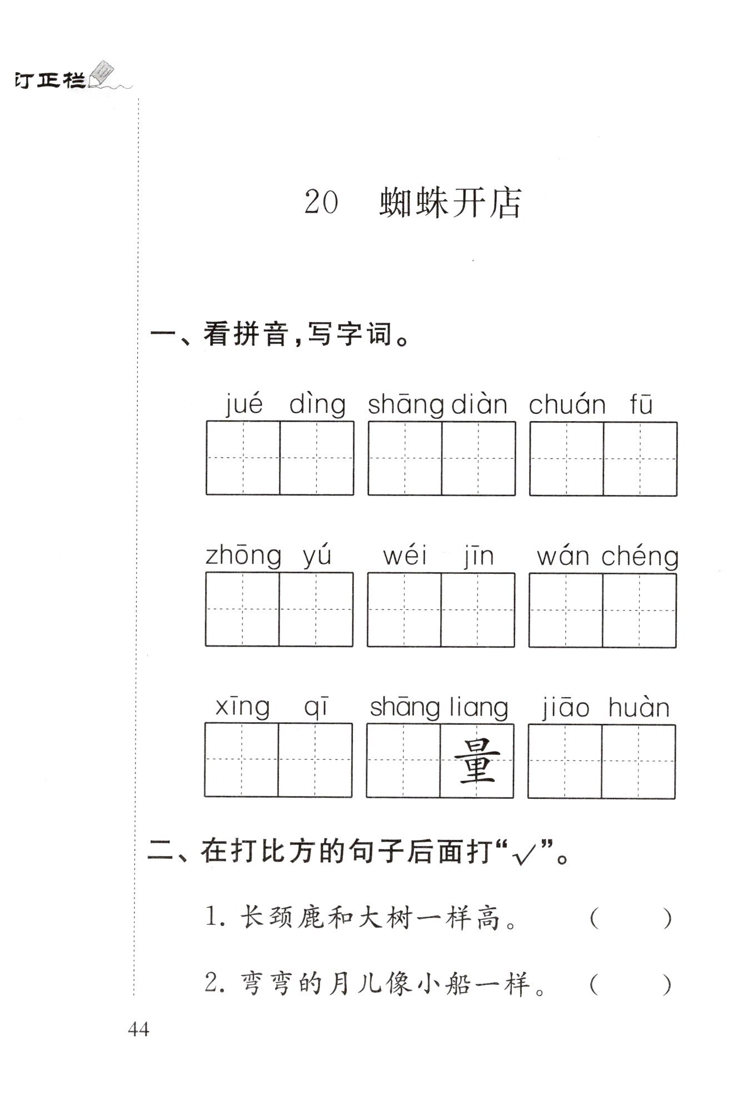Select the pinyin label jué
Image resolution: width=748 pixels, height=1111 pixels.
pyautogui.click(x=245, y=404)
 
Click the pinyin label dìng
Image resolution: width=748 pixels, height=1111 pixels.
pyautogui.click(x=317, y=404)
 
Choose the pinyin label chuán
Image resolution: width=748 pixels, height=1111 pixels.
pyautogui.click(x=567, y=404)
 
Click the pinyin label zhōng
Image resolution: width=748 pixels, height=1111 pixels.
pyautogui.click(x=243, y=556)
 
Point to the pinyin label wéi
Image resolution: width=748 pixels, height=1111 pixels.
pyautogui.click(x=405, y=555)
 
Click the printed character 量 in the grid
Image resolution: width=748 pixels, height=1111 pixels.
pyautogui.click(x=477, y=760)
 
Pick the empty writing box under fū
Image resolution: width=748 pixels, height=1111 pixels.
pyautogui.click(x=640, y=458)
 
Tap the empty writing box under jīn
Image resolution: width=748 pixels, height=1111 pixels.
pyautogui.click(x=478, y=610)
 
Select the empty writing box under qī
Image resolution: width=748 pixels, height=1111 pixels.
pyautogui.click(x=315, y=760)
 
